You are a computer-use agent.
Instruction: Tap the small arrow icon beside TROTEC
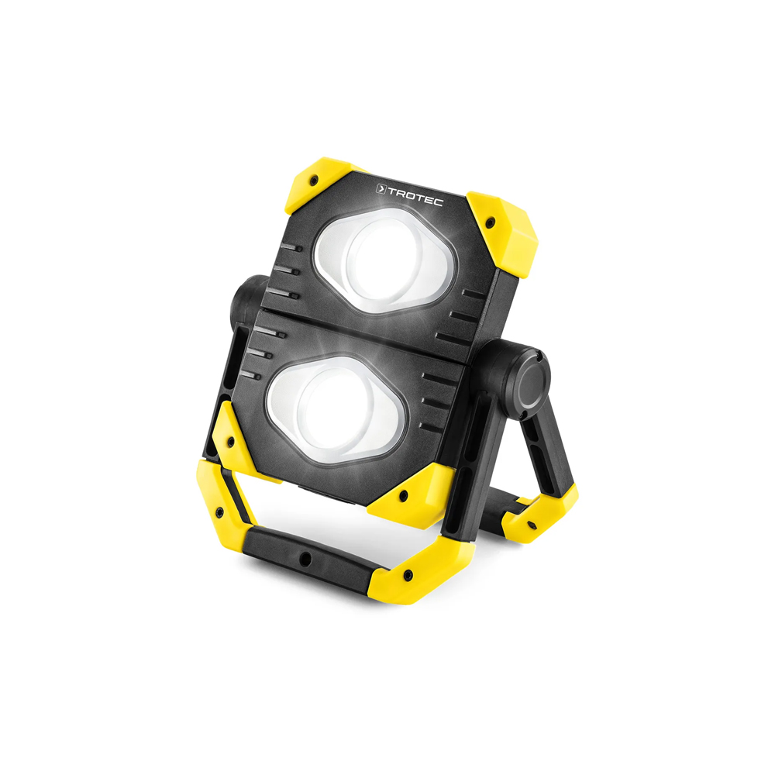pos(381,188)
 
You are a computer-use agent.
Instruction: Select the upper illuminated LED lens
pos(386,260)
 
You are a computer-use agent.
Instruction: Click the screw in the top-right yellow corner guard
pos(490,222)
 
